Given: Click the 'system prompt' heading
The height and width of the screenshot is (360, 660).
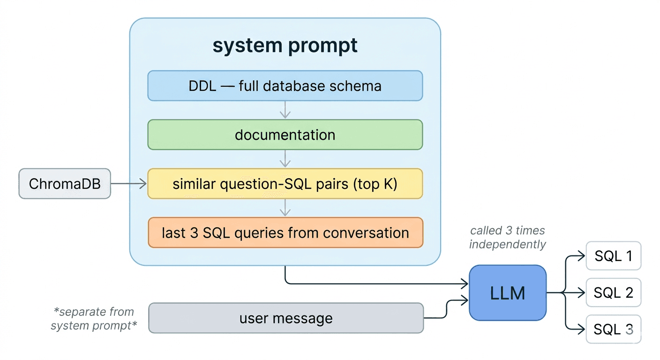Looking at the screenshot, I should (x=285, y=45).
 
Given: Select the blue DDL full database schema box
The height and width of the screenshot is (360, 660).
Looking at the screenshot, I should (x=285, y=86).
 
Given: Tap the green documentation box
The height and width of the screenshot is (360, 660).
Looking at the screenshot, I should (x=285, y=135).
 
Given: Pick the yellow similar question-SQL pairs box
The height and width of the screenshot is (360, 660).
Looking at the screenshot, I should (x=285, y=184).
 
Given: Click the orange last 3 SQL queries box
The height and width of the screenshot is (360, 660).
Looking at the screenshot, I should (x=285, y=232).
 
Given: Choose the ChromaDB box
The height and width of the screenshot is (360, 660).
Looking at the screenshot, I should (x=65, y=184).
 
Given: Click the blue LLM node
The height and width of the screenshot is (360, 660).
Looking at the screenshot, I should (x=508, y=293).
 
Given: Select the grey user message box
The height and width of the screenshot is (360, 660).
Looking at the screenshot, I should (x=286, y=318).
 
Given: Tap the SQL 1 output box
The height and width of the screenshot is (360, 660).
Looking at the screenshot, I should (x=613, y=256).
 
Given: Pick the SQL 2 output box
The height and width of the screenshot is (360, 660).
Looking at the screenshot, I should (x=613, y=293).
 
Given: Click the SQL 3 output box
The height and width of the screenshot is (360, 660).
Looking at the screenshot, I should (x=613, y=330).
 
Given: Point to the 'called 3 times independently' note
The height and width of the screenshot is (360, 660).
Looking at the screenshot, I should (x=508, y=238).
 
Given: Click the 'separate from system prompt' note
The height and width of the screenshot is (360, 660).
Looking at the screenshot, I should (x=94, y=319).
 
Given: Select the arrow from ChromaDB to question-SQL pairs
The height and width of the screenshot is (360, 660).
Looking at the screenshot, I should (x=129, y=184).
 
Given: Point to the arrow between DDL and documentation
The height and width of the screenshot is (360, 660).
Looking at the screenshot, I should (x=285, y=110).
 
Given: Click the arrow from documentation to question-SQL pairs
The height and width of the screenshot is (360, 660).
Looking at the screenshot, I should (x=285, y=159).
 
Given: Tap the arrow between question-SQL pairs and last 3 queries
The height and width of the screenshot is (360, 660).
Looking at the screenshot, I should (x=285, y=208).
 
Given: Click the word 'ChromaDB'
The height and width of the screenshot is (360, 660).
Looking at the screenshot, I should (x=65, y=184).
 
